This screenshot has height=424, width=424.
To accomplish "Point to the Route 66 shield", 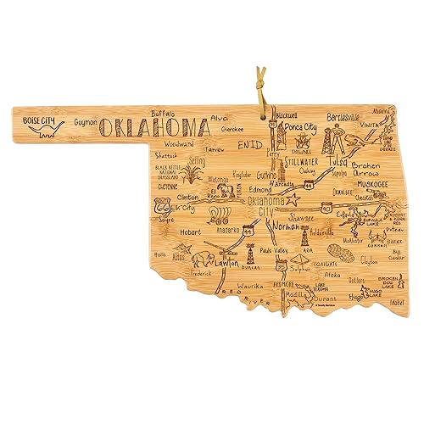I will tap(163, 205).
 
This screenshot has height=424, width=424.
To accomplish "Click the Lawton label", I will tap(227, 265).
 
